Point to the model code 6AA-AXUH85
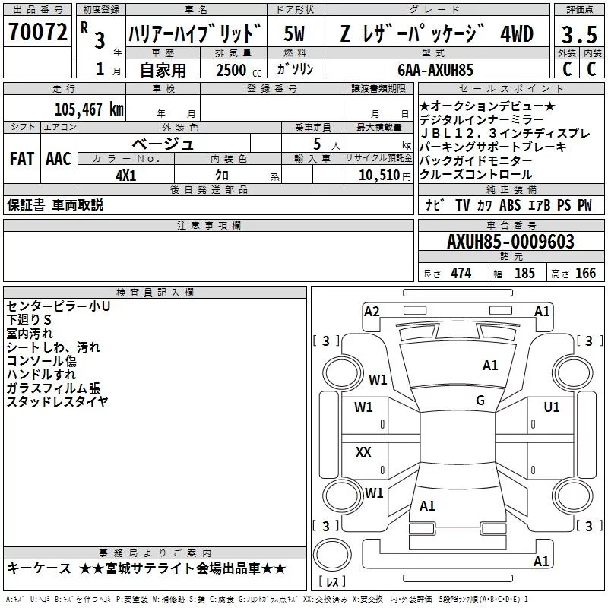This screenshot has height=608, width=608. [435, 69]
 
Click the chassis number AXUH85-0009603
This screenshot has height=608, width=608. [510, 242]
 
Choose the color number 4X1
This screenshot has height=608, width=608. [125, 174]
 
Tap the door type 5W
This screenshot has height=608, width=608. [295, 33]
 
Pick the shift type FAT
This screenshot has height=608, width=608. [21, 159]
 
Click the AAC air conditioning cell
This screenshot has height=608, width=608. [59, 159]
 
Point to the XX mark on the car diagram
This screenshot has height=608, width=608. [363, 452]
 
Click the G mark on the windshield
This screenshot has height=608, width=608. [480, 401]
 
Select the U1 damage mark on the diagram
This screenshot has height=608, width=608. [552, 407]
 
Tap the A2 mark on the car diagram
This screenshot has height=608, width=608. [372, 311]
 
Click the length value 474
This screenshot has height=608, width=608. [460, 274]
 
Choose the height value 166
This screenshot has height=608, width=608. [585, 274]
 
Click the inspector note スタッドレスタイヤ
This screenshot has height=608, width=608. [56, 401]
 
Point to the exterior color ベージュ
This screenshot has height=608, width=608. [163, 143]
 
